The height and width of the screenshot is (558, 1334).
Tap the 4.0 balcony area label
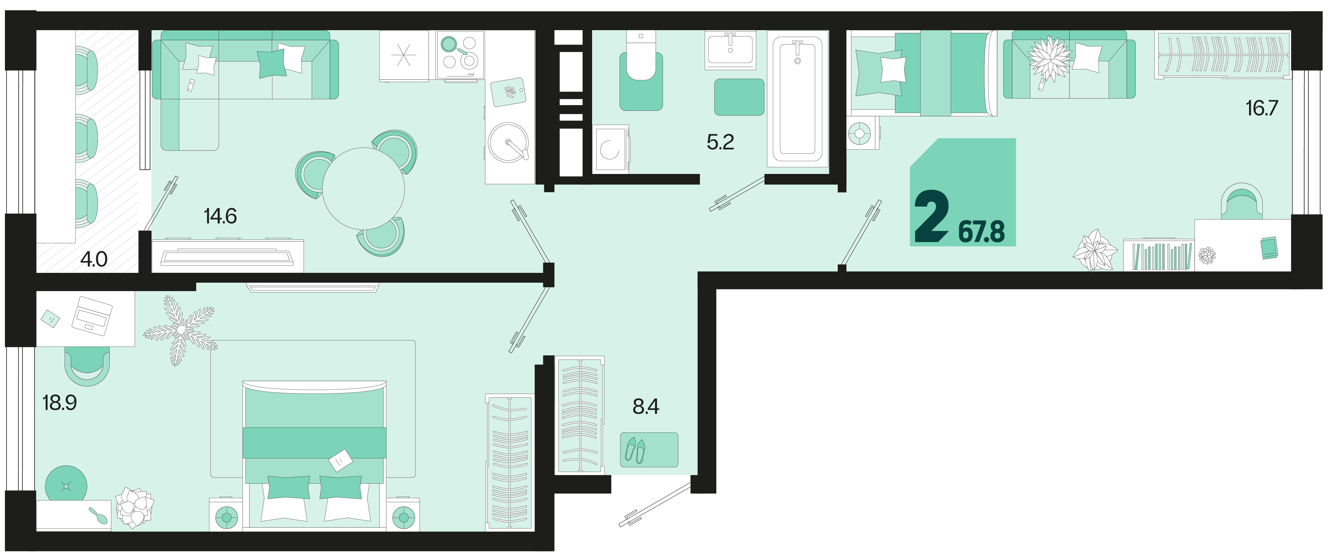coord(94,259)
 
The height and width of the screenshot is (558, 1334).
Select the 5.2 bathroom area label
coord(720,142)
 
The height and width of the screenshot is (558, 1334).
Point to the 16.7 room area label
coord(1262,108)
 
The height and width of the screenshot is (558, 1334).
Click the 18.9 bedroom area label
coord(60,403)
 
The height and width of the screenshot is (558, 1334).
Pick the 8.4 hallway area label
coord(646,406)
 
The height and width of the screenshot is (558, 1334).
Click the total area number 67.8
coord(981,231)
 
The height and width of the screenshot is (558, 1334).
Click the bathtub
coord(797,98)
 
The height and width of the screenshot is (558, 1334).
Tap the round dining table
coord(364,188)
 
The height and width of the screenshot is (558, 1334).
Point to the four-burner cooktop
coord(460,56)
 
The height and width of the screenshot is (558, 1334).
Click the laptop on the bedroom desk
coord(92,316)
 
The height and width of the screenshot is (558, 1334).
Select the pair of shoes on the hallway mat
coord(635,450)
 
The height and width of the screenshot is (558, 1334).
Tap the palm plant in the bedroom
coord(180,330)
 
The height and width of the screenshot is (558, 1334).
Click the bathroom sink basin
coord(730,50)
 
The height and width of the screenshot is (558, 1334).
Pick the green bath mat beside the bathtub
coord(739,97)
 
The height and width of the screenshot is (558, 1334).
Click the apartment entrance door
coord(655,504)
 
